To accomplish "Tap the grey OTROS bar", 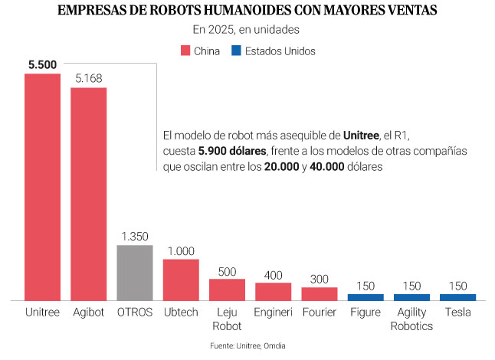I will click(x=135, y=272).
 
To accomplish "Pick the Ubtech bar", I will click(x=181, y=279).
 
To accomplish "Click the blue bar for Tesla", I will click(x=457, y=296).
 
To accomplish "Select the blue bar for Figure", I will click(x=366, y=296).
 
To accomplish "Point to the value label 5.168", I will click(x=89, y=78).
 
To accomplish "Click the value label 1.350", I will click(x=135, y=236).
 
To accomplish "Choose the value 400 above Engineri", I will click(x=273, y=274).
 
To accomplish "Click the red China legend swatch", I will click(x=185, y=51).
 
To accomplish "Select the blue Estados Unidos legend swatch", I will click(x=237, y=51).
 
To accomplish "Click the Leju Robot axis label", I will click(x=227, y=319).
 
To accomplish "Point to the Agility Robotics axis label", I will click(x=411, y=319).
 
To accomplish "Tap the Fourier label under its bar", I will click(x=319, y=313).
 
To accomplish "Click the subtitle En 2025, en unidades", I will click(x=247, y=30).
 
